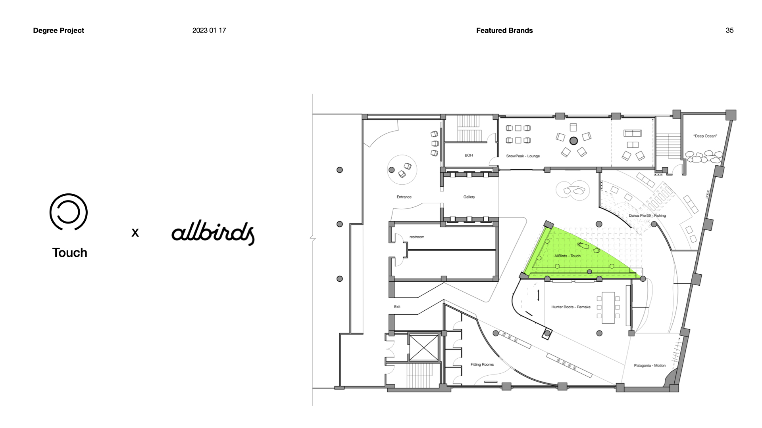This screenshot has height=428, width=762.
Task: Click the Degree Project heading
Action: pyautogui.click(x=58, y=31)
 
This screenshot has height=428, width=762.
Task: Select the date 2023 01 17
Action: pyautogui.click(x=209, y=31)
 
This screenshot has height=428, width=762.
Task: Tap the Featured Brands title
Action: pyautogui.click(x=504, y=31)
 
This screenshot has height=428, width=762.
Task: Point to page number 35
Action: pyautogui.click(x=729, y=31)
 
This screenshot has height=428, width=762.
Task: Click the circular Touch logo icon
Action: pyautogui.click(x=68, y=212)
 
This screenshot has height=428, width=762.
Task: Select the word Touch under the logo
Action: pyautogui.click(x=69, y=252)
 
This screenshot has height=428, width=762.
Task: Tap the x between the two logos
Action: pyautogui.click(x=135, y=233)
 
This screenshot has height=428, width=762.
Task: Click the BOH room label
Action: pyautogui.click(x=469, y=155)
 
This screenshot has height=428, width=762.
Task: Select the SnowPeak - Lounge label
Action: pyautogui.click(x=523, y=156)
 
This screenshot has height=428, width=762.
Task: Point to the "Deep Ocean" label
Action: pyautogui.click(x=705, y=136)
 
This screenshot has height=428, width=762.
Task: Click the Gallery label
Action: pyautogui.click(x=469, y=197)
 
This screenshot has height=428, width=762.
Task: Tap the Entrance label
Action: pyautogui.click(x=404, y=197)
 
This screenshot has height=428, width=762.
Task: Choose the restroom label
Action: pyautogui.click(x=417, y=237)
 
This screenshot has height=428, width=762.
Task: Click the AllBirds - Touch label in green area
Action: pyautogui.click(x=567, y=256)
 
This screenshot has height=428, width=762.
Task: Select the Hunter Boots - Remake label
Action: pyautogui.click(x=571, y=307)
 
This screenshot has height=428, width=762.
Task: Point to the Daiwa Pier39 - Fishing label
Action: pyautogui.click(x=647, y=216)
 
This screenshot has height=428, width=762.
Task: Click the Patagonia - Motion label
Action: pyautogui.click(x=650, y=365)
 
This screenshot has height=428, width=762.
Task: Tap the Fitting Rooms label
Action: pyautogui.click(x=482, y=365)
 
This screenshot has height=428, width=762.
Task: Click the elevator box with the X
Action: pyautogui.click(x=424, y=348)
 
